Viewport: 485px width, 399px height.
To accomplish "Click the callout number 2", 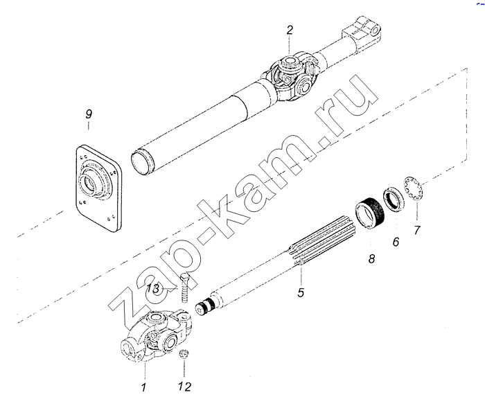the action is [x=289, y=30].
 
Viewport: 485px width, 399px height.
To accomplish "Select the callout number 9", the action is [x=89, y=114].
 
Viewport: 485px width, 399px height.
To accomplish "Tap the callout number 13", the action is [x=153, y=289].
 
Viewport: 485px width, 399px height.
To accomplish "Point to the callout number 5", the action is [x=301, y=292].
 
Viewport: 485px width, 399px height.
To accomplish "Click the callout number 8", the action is [x=371, y=258].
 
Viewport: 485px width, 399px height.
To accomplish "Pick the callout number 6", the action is [x=396, y=242].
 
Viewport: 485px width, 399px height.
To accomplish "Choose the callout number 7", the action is [x=417, y=230].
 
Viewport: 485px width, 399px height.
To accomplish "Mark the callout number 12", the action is [x=185, y=387].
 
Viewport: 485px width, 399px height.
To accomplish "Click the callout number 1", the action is [x=143, y=387].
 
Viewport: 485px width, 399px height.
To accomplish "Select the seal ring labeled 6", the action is [x=394, y=199].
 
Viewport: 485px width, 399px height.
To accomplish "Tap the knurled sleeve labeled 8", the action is [x=369, y=214].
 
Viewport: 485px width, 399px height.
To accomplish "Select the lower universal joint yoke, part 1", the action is [x=155, y=337].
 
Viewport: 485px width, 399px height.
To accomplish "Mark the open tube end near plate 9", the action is [x=141, y=161].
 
